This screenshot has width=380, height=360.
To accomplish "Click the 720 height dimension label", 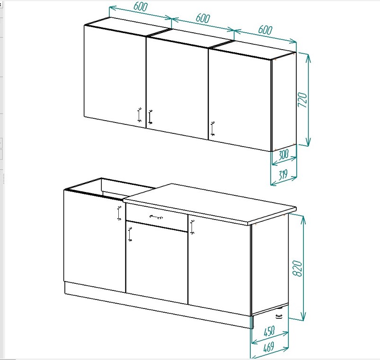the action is (x=302, y=100).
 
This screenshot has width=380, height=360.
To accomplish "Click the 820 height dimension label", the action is (x=297, y=268).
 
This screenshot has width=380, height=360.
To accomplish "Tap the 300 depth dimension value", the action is (x=283, y=155).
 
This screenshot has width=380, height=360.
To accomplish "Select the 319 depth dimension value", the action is (x=283, y=175).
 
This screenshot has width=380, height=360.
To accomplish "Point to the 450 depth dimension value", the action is (x=269, y=332).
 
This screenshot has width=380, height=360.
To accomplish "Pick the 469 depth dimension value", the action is (x=268, y=347).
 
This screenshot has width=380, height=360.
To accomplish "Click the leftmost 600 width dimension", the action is (x=141, y=7).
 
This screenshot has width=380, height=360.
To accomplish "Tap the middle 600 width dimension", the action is (x=203, y=18).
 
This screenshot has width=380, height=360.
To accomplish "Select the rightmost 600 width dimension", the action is (x=265, y=30).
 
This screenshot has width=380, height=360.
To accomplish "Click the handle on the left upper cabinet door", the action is (x=139, y=115).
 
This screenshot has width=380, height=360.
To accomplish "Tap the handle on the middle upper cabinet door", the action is (x=150, y=117).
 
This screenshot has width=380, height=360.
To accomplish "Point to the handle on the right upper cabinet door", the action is (x=212, y=129).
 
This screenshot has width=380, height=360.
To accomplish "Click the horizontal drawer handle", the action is (x=156, y=217).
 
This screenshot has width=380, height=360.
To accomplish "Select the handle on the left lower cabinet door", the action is (x=119, y=213).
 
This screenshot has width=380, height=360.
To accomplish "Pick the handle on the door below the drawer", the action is (x=130, y=235).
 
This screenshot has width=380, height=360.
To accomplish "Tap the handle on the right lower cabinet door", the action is (x=193, y=227).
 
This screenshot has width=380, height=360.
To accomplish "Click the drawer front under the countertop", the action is (x=157, y=217).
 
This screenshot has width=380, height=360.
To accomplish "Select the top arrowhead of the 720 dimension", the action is (x=308, y=58).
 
